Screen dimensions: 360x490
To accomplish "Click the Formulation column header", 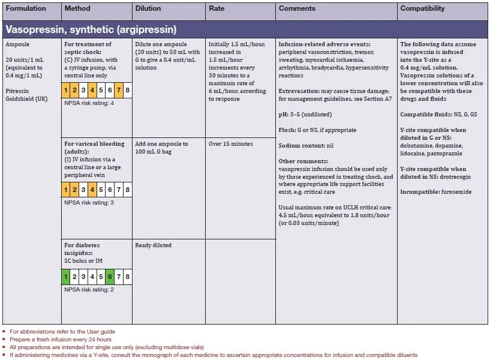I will point(26,9).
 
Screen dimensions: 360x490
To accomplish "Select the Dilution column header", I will point(148,9).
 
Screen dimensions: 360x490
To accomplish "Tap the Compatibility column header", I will point(422,9).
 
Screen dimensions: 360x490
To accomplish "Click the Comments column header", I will point(297,9).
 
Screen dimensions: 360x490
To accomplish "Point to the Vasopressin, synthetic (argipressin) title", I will point(91,29).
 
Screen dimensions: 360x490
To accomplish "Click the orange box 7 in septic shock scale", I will point(119,91).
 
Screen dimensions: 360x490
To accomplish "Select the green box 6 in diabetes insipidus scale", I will point(110,277).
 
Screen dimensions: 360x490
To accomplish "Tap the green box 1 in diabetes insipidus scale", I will point(66,277).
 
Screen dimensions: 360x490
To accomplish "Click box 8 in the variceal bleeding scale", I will point(128,190).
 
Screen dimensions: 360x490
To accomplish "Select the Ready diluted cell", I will point(153,245).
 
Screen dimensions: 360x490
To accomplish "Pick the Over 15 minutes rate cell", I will point(231,144).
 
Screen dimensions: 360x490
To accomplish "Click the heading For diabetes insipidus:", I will point(82,245).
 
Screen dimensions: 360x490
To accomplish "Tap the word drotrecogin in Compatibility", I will point(455,177).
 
